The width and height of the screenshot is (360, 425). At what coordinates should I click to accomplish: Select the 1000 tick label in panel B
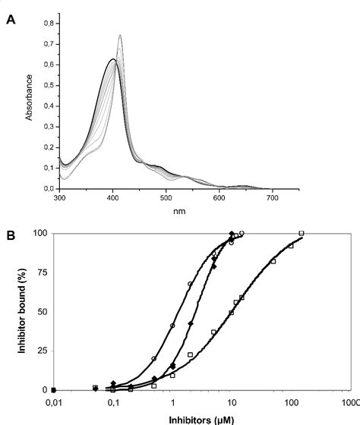pyautogui.click(x=348, y=402)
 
